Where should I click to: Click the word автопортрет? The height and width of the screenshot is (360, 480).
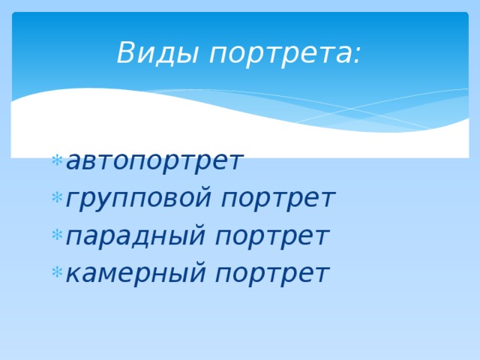coord(154,160)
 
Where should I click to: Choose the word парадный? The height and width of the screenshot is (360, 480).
coord(136,237)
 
